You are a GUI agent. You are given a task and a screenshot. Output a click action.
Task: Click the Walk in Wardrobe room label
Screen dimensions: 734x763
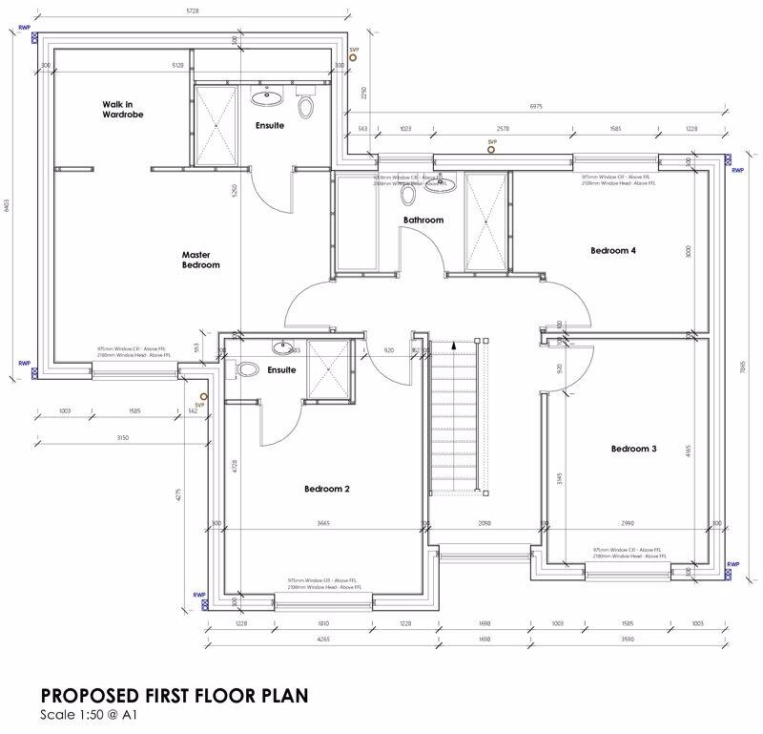tap(123, 109)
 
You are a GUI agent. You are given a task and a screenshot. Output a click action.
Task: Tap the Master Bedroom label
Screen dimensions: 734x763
tap(201, 260)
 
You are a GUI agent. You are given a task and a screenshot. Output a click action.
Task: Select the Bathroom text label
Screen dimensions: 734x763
tap(423, 220)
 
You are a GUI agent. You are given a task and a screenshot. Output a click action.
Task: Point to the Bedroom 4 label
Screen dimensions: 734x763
tap(612, 251)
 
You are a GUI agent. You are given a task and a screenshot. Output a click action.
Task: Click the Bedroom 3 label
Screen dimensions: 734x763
tap(633, 449)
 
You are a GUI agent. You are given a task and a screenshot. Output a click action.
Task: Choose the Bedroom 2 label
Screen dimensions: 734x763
tap(327, 489)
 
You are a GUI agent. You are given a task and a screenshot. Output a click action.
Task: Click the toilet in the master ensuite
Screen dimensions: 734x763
tap(305, 106)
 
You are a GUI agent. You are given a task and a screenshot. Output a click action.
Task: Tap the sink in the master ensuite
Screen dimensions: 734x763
tap(264, 96)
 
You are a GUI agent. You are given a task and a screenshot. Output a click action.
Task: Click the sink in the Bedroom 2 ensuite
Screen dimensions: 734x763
tap(282, 347)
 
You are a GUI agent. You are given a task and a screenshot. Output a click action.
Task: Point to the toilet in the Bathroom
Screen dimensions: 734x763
tap(408, 196)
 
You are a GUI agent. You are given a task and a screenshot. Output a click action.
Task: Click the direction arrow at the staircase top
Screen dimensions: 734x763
tap(454, 342)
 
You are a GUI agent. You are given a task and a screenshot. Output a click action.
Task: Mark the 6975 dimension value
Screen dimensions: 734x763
tap(536, 106)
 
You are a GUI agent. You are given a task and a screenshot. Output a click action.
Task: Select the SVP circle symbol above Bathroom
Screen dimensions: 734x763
tap(492, 150)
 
